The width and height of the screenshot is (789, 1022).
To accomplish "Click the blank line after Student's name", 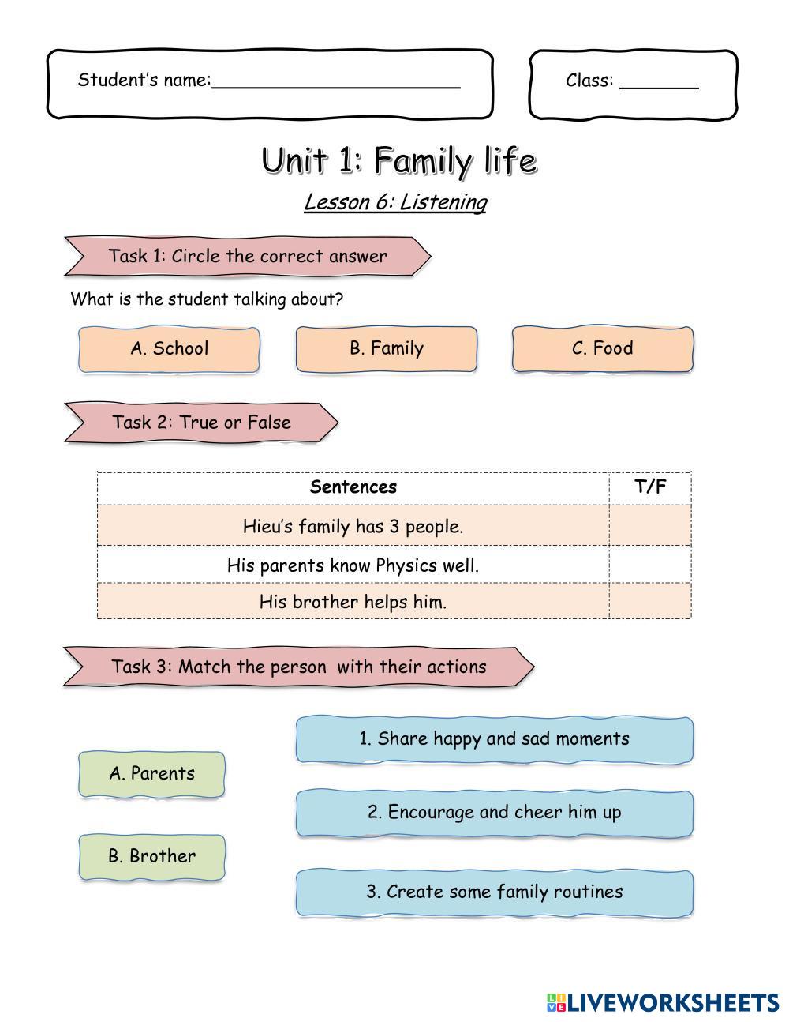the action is coord(336,82).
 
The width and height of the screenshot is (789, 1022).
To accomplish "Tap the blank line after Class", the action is coord(659,82).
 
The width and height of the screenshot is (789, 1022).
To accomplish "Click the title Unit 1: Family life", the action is coord(399,160).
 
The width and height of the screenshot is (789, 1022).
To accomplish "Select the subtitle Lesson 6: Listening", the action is coord(395,202).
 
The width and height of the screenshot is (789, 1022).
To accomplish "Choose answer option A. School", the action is coord(169,349).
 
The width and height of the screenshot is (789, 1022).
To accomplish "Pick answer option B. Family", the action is coord(387,349).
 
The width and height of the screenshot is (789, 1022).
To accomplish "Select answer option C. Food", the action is coord(603,349).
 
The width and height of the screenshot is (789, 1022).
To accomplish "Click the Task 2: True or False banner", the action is coord(201,423).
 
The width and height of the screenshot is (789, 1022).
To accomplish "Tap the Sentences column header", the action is coord(353,487).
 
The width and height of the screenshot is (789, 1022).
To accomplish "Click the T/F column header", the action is coord(650,487).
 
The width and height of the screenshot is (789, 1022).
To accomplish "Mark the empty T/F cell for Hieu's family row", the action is coord(650,526).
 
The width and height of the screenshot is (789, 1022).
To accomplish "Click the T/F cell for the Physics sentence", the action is coord(650,565).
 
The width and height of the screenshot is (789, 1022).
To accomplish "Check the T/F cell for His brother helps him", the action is coord(650,602).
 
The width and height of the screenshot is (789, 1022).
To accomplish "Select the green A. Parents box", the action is coord(151,774).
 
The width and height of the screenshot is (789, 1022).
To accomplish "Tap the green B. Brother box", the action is coord(151,856).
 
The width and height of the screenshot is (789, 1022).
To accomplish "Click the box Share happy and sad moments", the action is coord(495,739).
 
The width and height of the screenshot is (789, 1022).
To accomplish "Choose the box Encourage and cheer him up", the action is coord(495,813).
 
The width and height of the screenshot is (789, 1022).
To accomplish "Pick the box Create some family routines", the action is coord(495,892).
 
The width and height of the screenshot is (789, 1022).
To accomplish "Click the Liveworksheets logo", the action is coord(663,1002).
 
